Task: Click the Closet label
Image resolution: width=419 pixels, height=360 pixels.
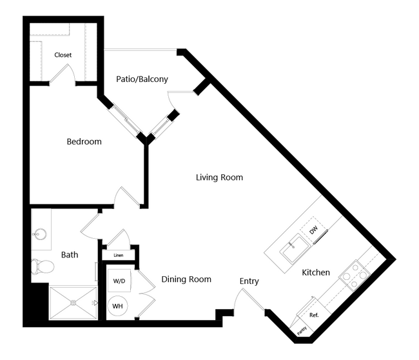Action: click(63, 55)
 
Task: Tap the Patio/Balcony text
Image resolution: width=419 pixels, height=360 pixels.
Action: click(142, 79)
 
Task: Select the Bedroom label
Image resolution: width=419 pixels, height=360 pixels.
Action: click(84, 141)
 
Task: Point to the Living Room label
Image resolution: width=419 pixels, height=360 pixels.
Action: click(219, 177)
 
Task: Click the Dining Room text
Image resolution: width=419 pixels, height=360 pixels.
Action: click(186, 279)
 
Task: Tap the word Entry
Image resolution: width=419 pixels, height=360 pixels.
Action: click(249, 281)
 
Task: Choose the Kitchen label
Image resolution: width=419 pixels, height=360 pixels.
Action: click(316, 272)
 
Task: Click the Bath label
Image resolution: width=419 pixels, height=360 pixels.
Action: click(70, 255)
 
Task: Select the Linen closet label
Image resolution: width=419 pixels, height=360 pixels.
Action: click(119, 255)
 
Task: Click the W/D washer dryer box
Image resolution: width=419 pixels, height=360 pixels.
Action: click(119, 281)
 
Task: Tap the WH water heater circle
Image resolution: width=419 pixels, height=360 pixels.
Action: click(117, 306)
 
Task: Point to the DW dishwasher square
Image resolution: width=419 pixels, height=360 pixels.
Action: click(313, 230)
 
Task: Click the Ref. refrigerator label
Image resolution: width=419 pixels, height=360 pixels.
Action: click(314, 315)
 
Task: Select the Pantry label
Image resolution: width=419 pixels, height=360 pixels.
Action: click(302, 331)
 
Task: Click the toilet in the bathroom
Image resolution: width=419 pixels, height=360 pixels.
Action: click(43, 266)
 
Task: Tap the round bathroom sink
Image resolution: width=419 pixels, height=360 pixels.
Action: click(39, 235)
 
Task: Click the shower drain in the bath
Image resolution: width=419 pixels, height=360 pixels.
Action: click(73, 303)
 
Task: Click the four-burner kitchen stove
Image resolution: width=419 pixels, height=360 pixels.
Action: click(355, 275)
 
